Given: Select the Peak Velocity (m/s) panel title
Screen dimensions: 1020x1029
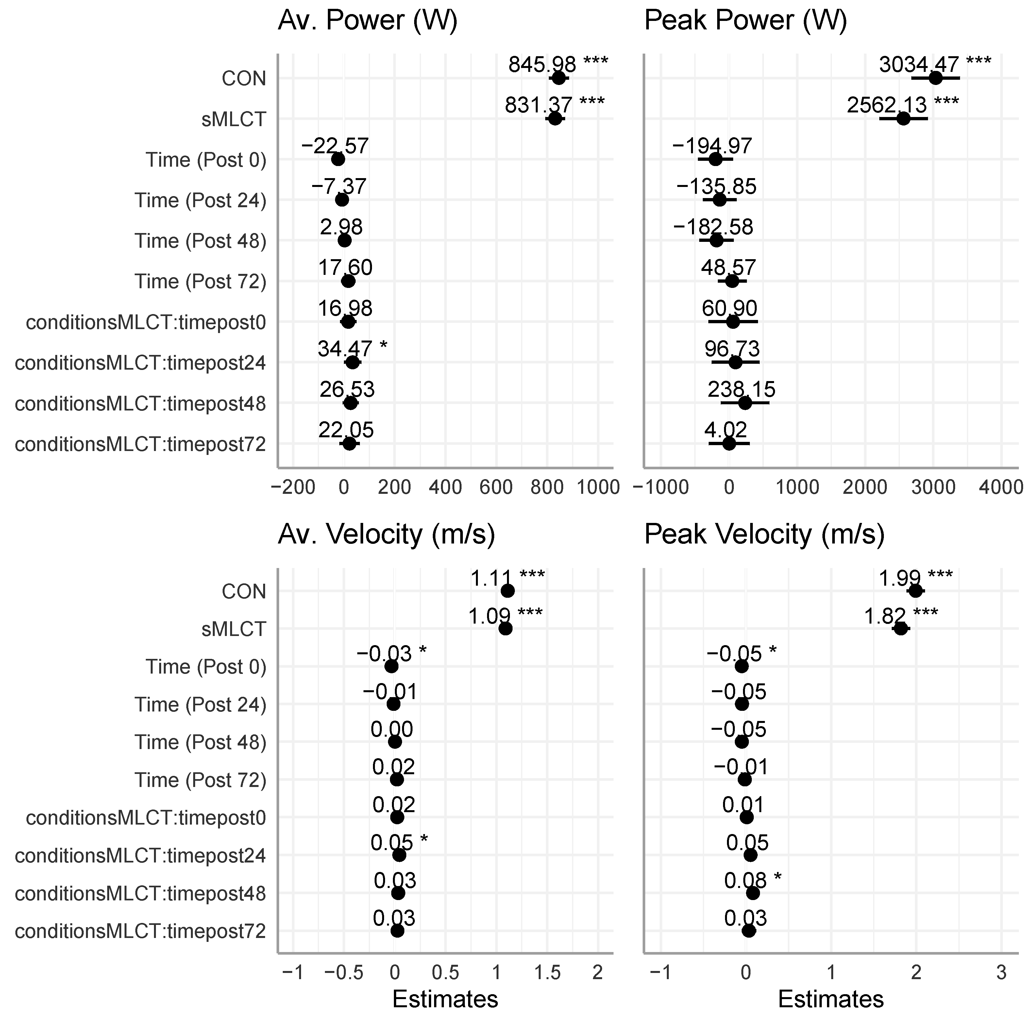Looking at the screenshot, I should pos(764,534).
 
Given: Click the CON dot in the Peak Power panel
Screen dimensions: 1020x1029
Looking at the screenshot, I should pos(935,78).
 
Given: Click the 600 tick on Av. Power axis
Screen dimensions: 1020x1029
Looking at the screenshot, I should pos(497,487).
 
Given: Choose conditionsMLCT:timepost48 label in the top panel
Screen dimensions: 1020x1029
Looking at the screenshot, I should pos(140,404).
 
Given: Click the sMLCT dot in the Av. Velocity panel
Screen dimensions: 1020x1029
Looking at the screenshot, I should pos(505,628).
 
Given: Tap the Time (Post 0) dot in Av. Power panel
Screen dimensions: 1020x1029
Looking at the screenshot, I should pos(338,159).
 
